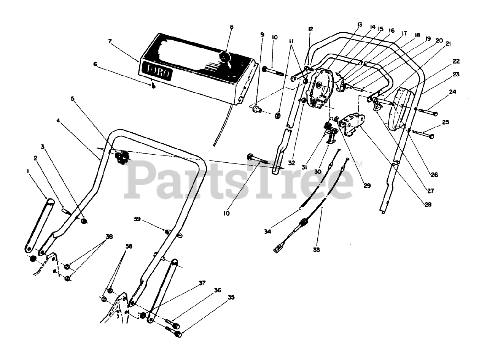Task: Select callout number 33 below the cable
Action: (x=317, y=250)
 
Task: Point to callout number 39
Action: (x=137, y=219)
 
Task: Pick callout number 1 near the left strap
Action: (x=28, y=171)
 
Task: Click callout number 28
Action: (x=428, y=205)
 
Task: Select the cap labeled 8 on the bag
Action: (x=225, y=58)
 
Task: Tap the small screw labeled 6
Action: (x=153, y=86)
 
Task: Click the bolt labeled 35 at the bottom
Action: (x=174, y=333)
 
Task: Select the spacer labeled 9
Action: (x=256, y=110)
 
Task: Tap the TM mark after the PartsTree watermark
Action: (x=358, y=164)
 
